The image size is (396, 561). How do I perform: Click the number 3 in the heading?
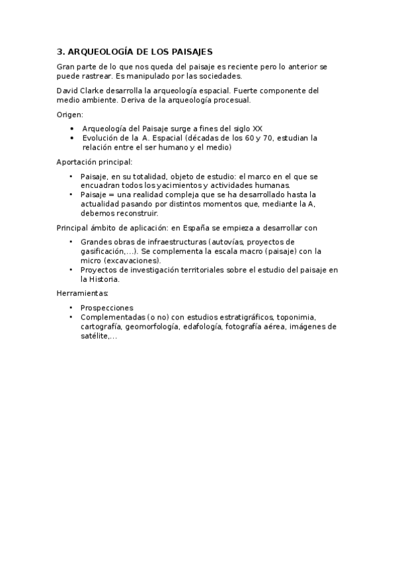point(59,52)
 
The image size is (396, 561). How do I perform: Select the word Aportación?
point(76,161)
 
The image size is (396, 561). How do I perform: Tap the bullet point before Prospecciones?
point(71,308)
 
